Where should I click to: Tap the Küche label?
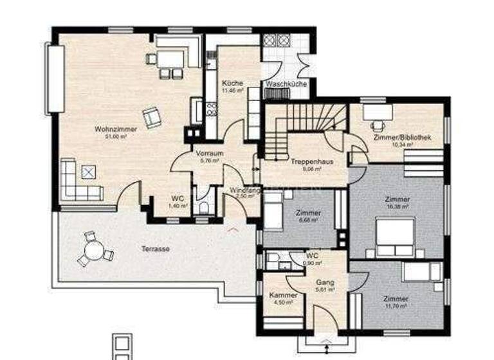coord(232,84)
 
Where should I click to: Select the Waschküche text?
coord(286,84)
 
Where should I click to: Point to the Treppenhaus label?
coord(311,162)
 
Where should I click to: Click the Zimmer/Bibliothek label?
coord(402,138)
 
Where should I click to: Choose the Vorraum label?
coord(210,154)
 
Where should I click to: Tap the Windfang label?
coord(243,190)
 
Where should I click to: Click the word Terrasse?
coord(155,249)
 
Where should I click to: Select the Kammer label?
coord(283,295)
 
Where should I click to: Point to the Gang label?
coord(323,282)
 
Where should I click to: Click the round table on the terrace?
coord(94,249)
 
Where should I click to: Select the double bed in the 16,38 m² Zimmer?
coord(395,235)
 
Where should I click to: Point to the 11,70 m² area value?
coord(395,307)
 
